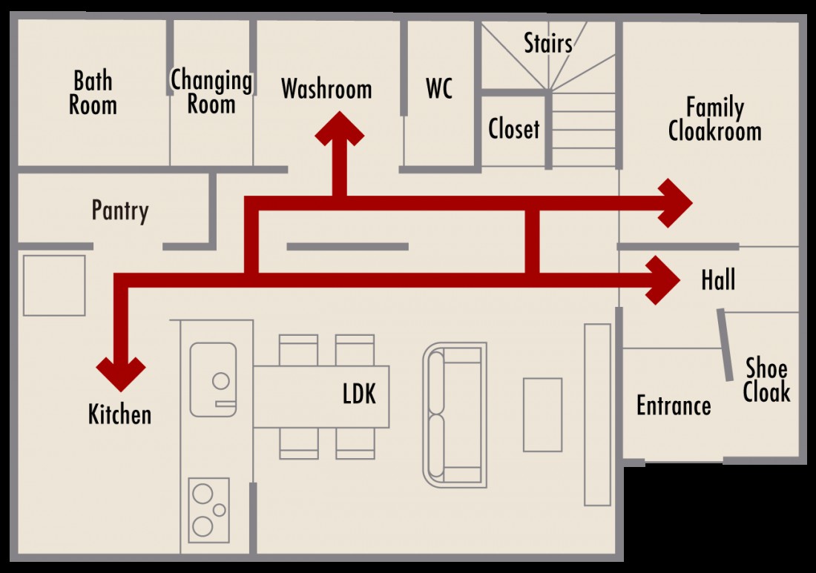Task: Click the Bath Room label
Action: click(x=93, y=93)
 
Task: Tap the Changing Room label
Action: click(x=211, y=91)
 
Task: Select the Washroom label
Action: click(x=326, y=89)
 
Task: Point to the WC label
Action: click(x=439, y=88)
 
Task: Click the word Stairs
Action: click(x=548, y=43)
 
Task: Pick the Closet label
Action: click(x=513, y=128)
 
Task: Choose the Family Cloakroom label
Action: click(x=714, y=119)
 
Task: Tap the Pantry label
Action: click(x=120, y=210)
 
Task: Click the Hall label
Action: click(x=718, y=279)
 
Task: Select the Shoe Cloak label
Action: click(x=766, y=380)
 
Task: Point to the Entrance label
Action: click(x=674, y=405)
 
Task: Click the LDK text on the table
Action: click(x=359, y=394)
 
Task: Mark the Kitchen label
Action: click(x=119, y=414)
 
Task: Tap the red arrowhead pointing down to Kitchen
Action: click(x=121, y=374)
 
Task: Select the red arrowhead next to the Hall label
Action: click(x=662, y=279)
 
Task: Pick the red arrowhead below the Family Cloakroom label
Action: click(x=675, y=203)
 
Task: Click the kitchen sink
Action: click(x=213, y=380)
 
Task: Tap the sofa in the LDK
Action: click(x=454, y=414)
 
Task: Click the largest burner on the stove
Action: click(x=203, y=526)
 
